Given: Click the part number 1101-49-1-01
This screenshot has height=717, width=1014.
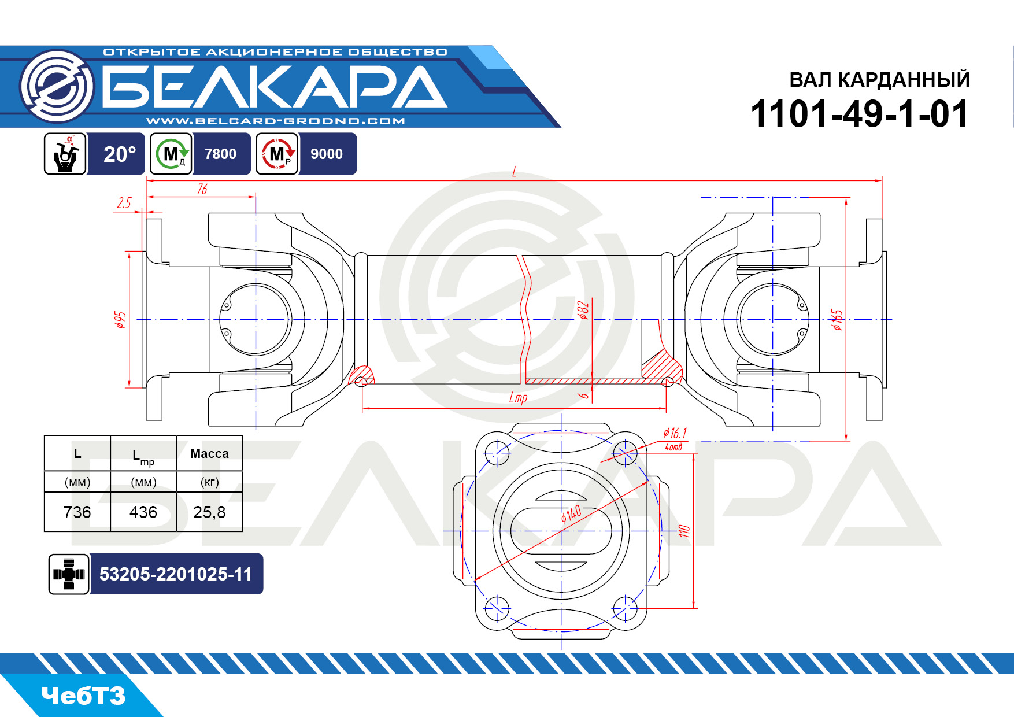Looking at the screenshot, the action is [x=859, y=113].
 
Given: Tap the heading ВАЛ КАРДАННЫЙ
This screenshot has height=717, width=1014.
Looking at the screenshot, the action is [x=879, y=80].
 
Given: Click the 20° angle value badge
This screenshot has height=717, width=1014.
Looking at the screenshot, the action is [x=120, y=154].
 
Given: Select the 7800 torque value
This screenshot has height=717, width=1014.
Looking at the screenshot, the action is [x=220, y=154].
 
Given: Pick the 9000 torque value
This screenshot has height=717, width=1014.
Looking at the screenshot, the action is [x=327, y=154].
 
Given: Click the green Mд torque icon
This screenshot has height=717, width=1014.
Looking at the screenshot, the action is [x=171, y=154].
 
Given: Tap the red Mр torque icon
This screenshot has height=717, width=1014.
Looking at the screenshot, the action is [x=277, y=154].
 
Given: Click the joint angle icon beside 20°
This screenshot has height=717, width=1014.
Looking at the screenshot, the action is [x=65, y=154].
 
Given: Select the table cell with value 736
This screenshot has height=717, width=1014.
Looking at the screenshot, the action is [x=77, y=512].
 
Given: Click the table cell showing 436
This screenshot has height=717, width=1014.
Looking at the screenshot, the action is [x=143, y=512].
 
